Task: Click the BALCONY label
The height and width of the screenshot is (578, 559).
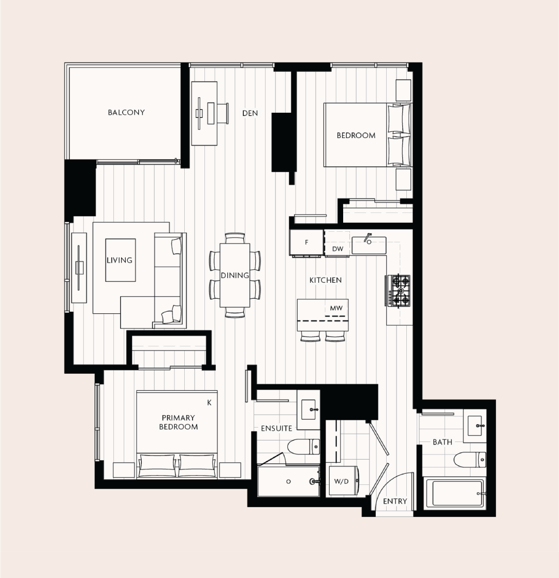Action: pos(126,112)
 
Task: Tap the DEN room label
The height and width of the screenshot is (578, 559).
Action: pos(250,113)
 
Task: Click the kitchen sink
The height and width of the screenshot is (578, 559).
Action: pos(369,245)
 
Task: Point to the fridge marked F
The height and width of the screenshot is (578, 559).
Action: pos(307,242)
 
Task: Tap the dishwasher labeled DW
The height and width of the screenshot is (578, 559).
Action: pos(337,243)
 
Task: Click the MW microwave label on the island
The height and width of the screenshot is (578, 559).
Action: pos(336,308)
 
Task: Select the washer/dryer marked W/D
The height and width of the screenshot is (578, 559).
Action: pos(343,481)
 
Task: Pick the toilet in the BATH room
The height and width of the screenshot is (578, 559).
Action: pos(469,460)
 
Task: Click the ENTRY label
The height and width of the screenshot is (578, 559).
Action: pos(395,501)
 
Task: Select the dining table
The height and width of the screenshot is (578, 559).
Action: pos(234,275)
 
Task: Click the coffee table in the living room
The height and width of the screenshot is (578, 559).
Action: pos(120,260)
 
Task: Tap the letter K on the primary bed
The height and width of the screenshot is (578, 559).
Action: pos(209,403)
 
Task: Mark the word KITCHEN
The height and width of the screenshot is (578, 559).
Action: pos(326,280)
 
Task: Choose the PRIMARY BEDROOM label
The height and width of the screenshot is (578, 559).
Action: pos(179,422)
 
